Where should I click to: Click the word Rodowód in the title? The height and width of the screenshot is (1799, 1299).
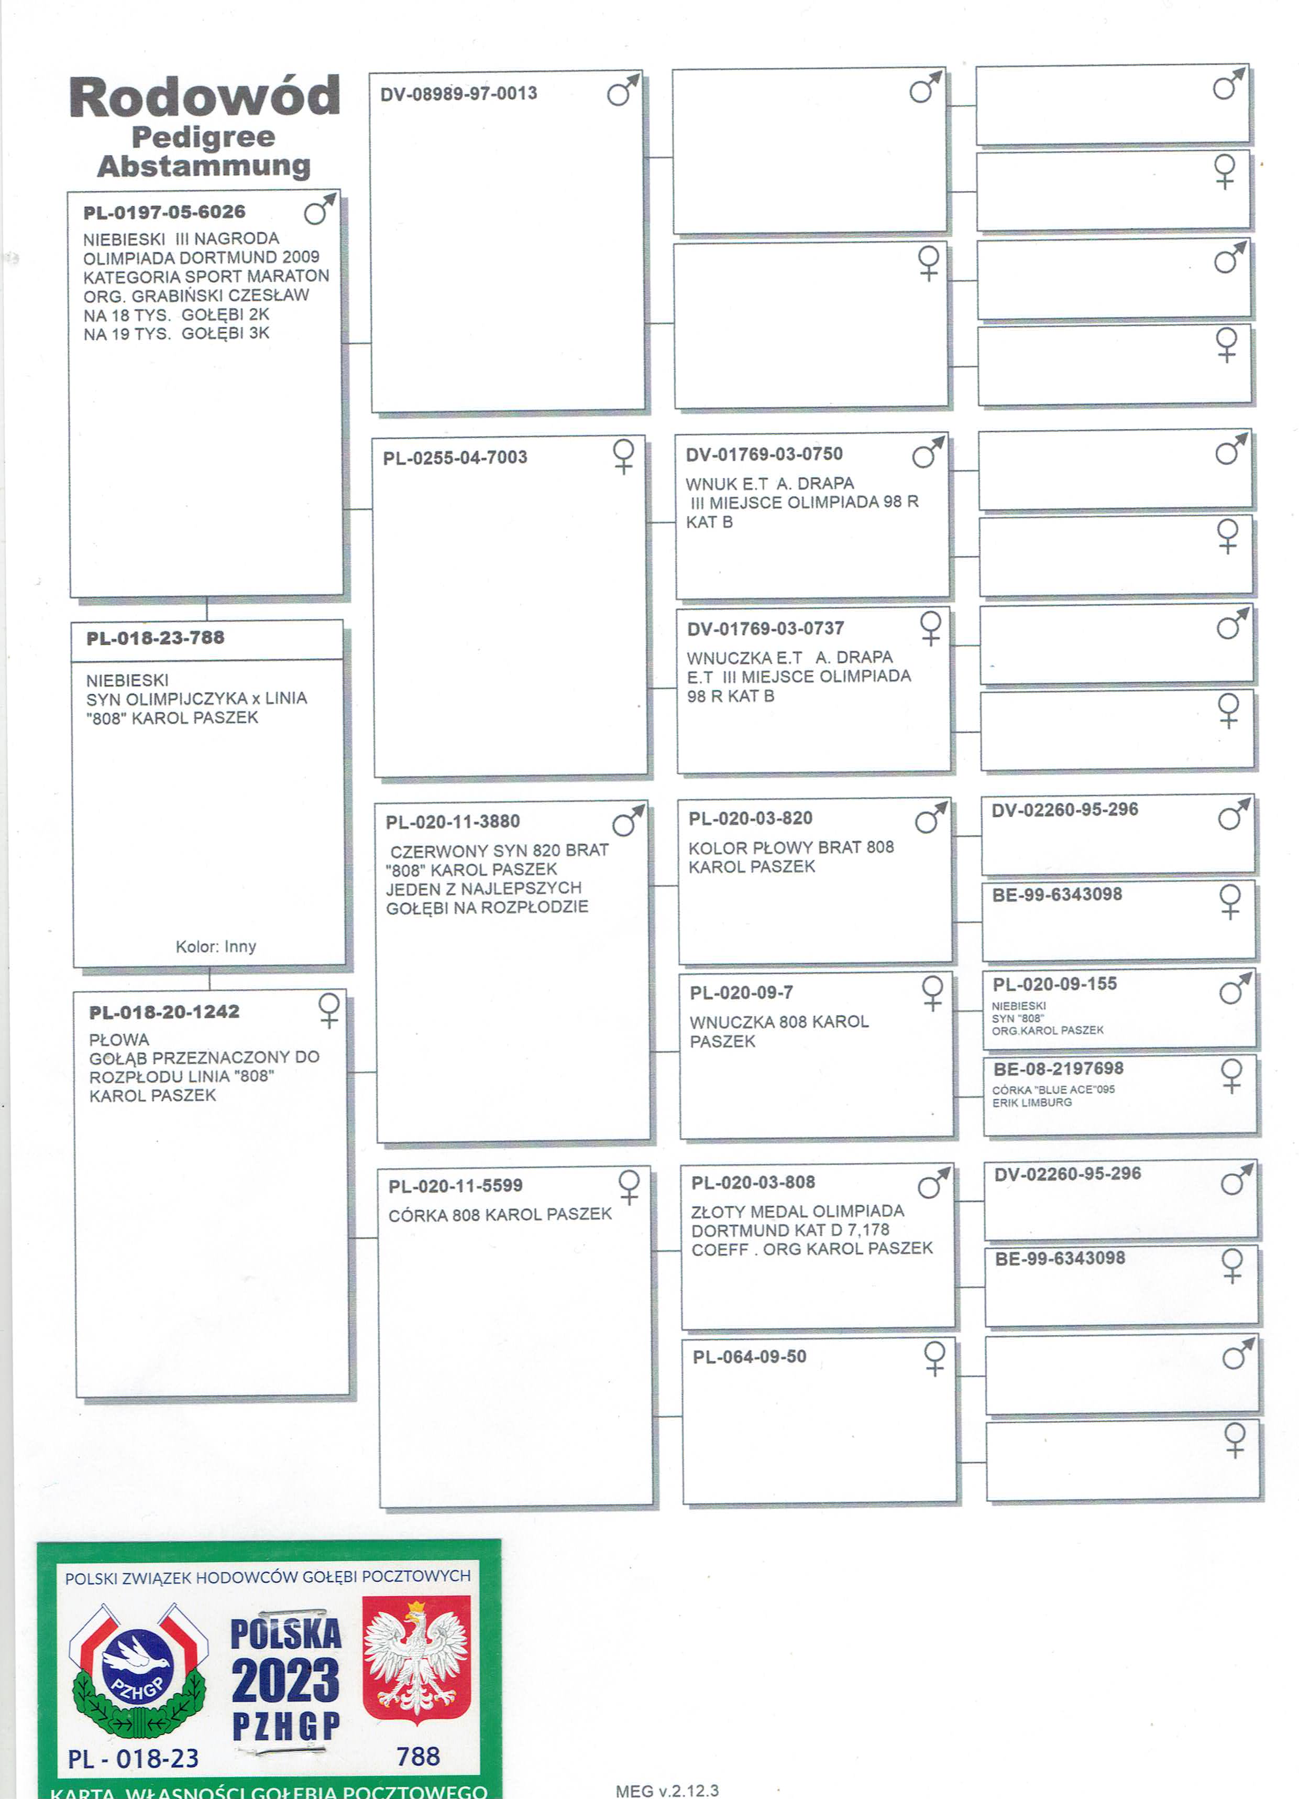coord(205,97)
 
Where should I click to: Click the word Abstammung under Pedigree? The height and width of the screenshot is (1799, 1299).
coord(204,166)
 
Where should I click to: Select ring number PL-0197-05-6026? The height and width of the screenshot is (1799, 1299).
coord(164,212)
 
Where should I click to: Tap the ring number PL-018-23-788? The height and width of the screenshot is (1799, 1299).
coord(156,638)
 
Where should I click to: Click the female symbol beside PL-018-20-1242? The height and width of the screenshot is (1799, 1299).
coord(328,1010)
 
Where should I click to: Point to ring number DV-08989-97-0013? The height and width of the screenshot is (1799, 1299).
coord(458,94)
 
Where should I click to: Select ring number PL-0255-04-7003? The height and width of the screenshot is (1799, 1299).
coord(455,457)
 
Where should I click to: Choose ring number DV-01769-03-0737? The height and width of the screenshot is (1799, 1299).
coord(765,629)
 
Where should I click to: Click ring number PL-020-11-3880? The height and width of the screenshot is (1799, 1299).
coord(453,822)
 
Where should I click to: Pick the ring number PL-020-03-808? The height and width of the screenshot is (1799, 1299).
coord(753,1183)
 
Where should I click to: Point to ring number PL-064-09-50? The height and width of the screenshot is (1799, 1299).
coord(750,1357)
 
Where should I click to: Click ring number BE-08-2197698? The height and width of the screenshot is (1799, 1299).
coord(1058,1069)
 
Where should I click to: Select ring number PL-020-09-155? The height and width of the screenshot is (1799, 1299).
coord(1055,984)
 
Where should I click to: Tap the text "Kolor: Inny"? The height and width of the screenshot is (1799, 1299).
coord(216,946)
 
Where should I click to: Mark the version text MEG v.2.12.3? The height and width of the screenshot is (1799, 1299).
coord(667,1790)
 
